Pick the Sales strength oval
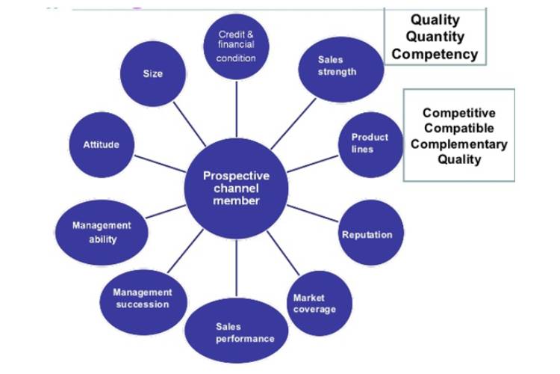pos(337,67)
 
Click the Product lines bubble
pos(370,143)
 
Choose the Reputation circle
pos(367,234)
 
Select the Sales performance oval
pos(236,332)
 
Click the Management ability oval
pos(102,232)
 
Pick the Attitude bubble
pos(102,144)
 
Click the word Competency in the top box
pos(435,53)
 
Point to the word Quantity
pos(435,37)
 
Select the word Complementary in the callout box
pos(458,144)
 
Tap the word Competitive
pos(458,113)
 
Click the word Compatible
pos(458,128)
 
